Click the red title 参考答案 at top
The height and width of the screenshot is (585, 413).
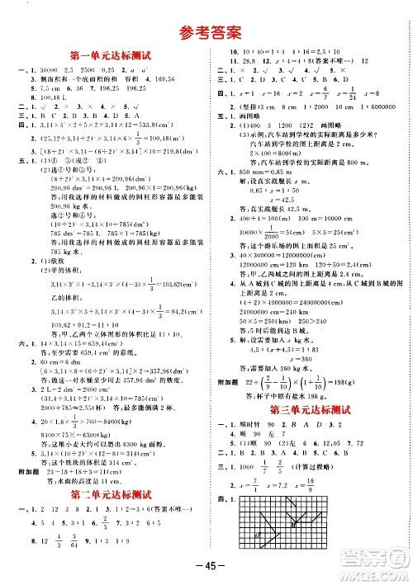[206, 33]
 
